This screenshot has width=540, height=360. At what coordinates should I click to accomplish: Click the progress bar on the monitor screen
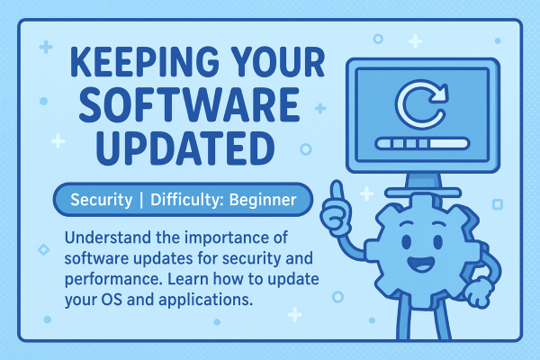(x=423, y=143)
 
